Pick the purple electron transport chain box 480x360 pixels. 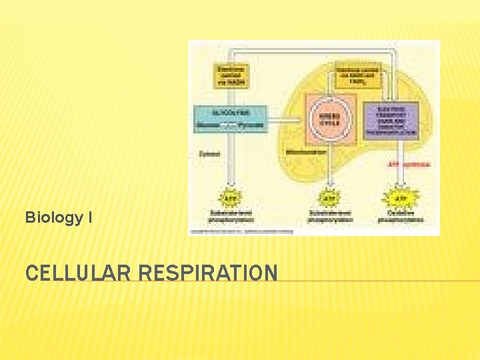click(x=391, y=120)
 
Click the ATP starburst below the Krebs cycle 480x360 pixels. click(x=329, y=198)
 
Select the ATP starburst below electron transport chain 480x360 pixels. click(x=400, y=198)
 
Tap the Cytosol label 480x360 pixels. click(x=209, y=153)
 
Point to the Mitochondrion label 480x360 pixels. click(x=306, y=152)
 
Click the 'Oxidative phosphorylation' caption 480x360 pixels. click(x=400, y=217)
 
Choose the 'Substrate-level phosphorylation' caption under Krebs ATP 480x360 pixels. click(x=329, y=217)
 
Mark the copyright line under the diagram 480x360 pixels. click(x=241, y=231)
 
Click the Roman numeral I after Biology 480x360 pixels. click(x=89, y=217)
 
